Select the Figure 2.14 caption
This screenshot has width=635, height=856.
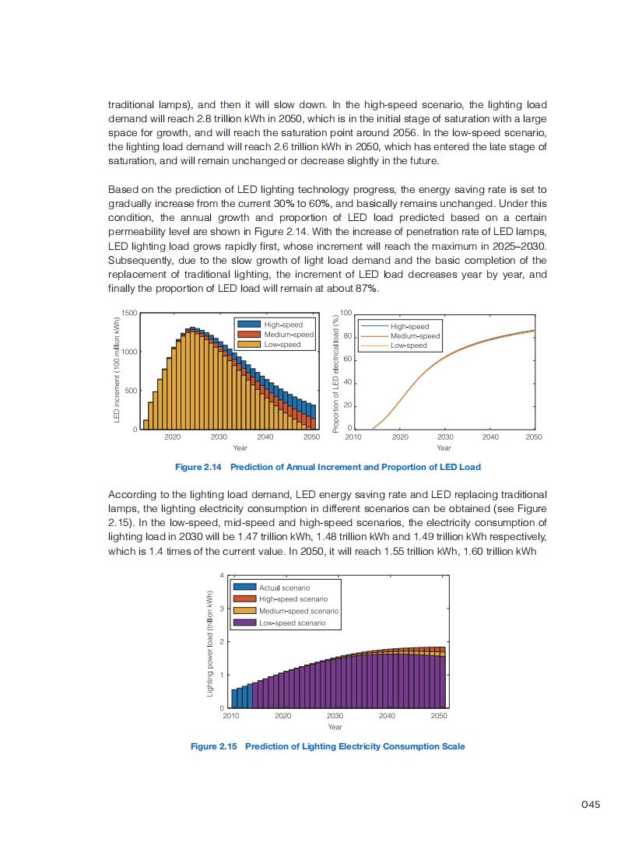point(328,467)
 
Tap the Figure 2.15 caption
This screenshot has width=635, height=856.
point(328,746)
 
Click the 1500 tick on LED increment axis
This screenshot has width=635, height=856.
point(129,313)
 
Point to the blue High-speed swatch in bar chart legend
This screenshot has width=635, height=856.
point(249,324)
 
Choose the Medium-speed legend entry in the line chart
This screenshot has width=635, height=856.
point(415,336)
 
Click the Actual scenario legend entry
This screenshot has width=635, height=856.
point(284,588)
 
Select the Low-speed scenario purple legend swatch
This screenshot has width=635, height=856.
point(245,623)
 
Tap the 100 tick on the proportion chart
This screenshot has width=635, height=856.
point(346,313)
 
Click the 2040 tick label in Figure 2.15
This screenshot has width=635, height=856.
point(387,714)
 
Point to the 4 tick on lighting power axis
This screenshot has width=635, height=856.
point(221,575)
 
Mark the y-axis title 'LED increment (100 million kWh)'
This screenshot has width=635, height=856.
point(116,370)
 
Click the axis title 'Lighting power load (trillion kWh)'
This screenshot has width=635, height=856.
point(209,644)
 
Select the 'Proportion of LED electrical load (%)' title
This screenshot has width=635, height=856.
point(336,374)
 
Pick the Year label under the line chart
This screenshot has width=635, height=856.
point(444,447)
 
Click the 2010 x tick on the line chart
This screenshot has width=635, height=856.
point(354,437)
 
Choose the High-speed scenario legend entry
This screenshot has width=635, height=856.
point(293,599)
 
